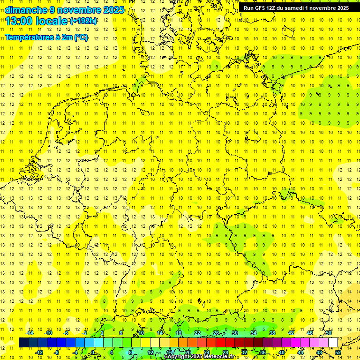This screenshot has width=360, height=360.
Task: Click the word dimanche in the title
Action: point(26,10)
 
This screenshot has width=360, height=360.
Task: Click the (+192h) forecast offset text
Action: point(83,21)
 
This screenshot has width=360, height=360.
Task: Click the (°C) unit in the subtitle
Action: point(81,37)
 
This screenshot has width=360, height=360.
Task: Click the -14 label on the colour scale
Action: point(30,333)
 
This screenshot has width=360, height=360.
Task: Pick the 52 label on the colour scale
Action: point(338,352)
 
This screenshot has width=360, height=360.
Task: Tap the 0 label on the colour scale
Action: point(93,352)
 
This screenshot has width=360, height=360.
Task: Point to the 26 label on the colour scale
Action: point(216,333)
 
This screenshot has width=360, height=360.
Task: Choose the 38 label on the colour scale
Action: point(272,333)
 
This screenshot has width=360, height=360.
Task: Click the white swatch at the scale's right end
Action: point(333,343)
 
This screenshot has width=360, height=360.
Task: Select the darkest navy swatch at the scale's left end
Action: point(23,343)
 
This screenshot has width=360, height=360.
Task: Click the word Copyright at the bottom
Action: point(178,357)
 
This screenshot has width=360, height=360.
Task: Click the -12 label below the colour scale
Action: point(39,352)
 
